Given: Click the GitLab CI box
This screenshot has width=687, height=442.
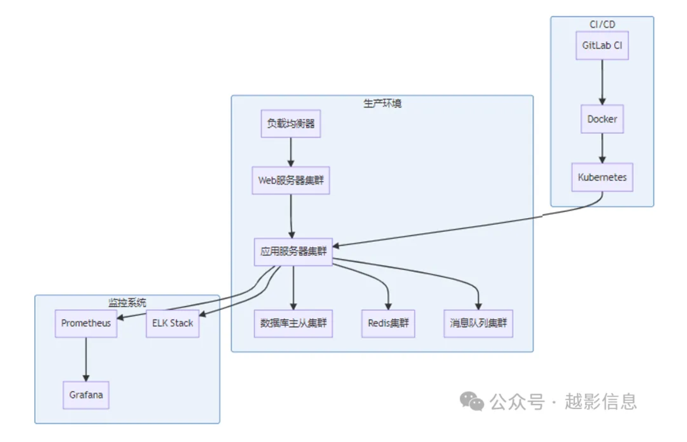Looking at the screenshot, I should click(x=602, y=45).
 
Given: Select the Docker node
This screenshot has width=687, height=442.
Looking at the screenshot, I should click(x=602, y=119).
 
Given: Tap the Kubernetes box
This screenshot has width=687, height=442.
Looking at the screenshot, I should click(x=602, y=177).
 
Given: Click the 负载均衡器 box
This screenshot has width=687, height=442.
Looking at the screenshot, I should click(x=291, y=124).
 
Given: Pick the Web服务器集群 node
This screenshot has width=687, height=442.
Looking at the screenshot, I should click(x=291, y=180).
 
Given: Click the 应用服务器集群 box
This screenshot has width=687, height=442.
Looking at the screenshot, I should click(x=293, y=252).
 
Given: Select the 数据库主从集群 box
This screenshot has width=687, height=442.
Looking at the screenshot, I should click(x=293, y=323).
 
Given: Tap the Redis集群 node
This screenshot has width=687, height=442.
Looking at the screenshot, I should click(x=388, y=323).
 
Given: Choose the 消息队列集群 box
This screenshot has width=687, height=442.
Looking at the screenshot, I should click(x=478, y=323).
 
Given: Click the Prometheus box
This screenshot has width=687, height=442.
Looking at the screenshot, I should click(x=86, y=323).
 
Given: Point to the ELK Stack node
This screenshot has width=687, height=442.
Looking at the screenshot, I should click(x=172, y=323).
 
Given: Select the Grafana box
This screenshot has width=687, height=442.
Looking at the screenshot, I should click(x=86, y=395).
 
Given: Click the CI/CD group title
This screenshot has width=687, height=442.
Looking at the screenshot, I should click(x=602, y=24).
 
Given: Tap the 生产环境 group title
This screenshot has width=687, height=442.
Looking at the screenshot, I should click(x=382, y=103).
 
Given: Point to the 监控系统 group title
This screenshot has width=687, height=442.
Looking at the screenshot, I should click(x=127, y=302).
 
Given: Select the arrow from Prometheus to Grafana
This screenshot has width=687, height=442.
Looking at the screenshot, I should click(x=86, y=359).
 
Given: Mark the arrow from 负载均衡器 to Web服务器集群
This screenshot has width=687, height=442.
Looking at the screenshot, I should click(x=291, y=152).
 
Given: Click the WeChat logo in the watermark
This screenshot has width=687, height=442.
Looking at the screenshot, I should click(x=472, y=401).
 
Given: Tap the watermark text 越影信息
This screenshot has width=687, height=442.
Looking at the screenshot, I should click(x=600, y=401).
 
